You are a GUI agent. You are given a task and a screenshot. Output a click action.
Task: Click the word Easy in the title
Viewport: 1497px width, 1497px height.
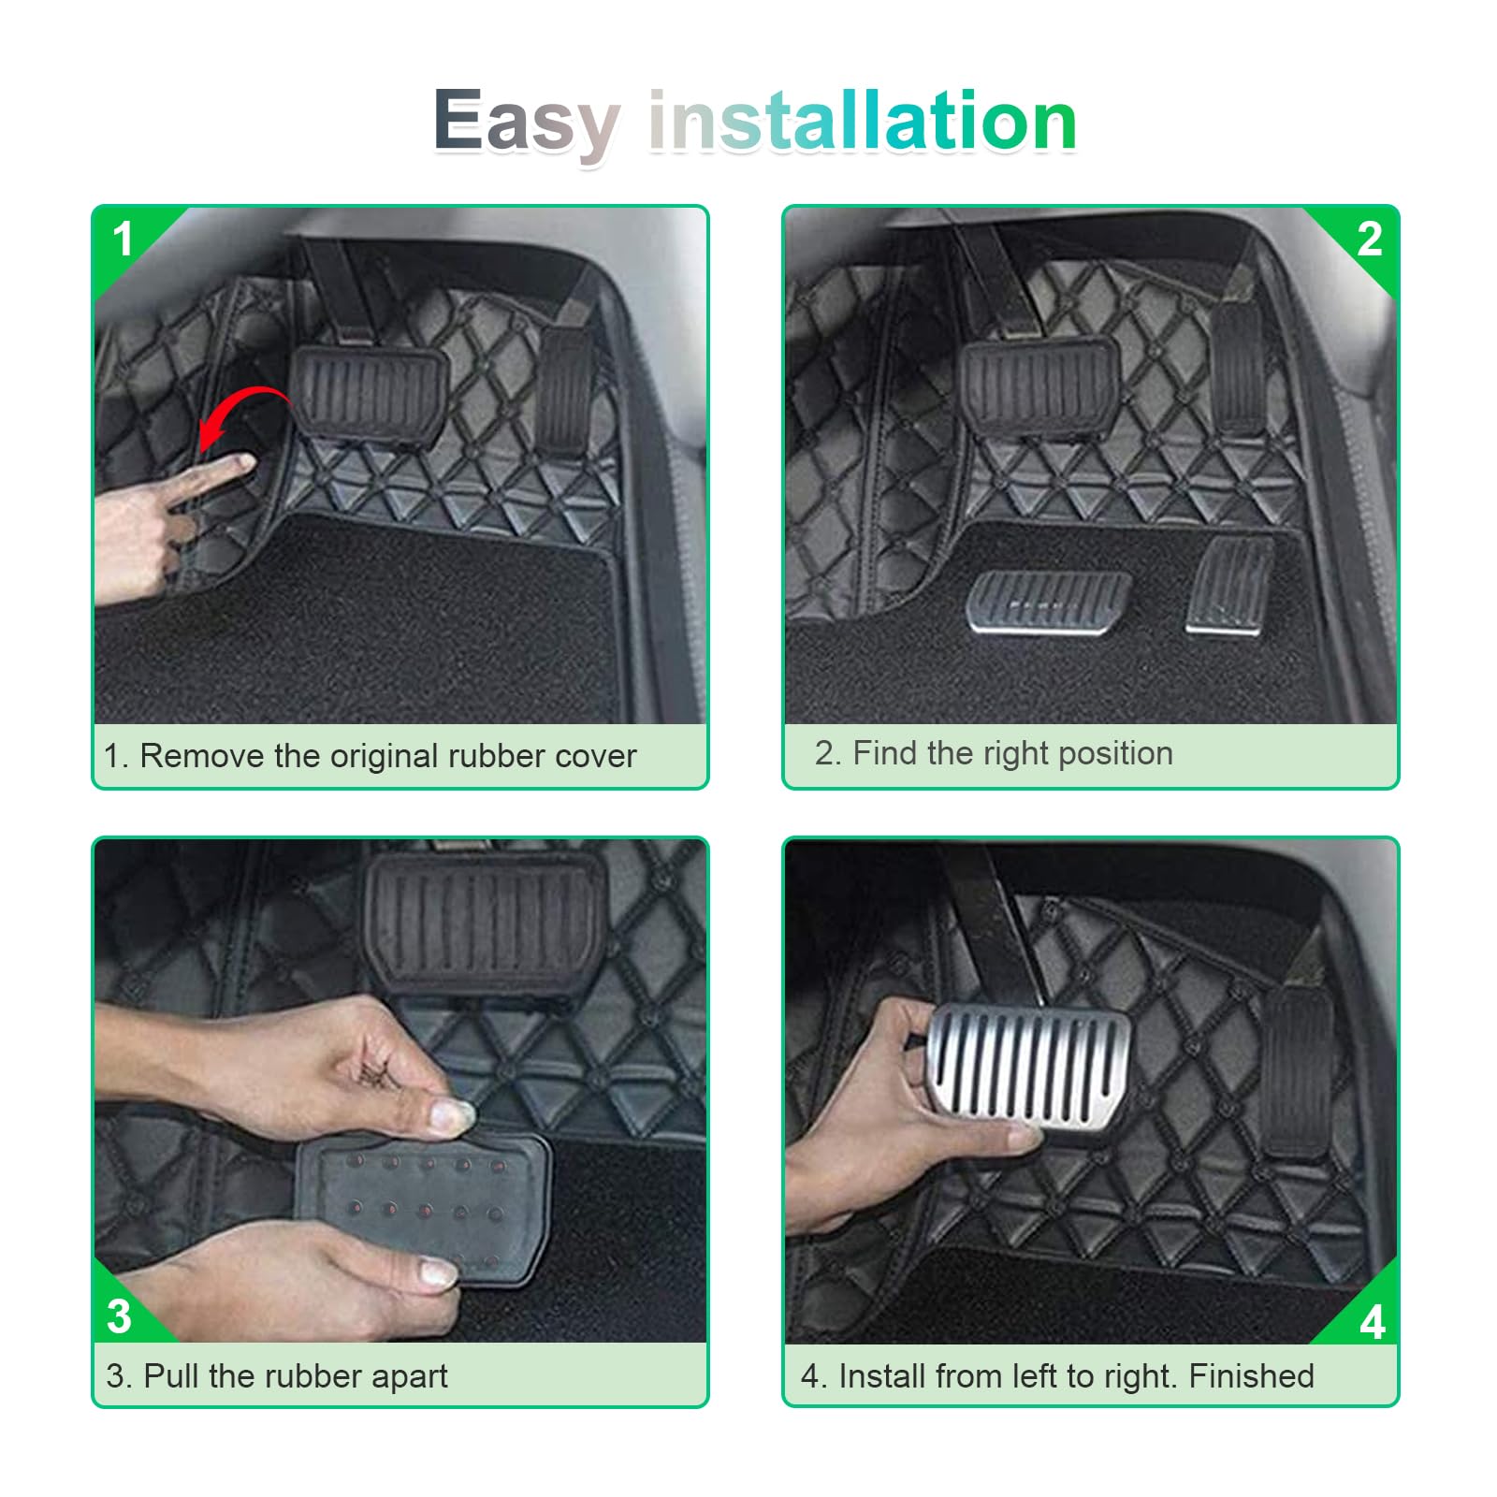point(527,122)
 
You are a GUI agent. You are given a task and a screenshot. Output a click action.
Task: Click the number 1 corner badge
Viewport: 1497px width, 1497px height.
point(123,240)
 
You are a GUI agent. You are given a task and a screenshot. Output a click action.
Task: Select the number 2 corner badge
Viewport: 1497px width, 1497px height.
point(1370,240)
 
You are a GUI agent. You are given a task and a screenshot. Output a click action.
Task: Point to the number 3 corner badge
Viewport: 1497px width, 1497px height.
point(120,1315)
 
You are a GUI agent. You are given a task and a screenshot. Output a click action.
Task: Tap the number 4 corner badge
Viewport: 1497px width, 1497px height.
point(1373,1321)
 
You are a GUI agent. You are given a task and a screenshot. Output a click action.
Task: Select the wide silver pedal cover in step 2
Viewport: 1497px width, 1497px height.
point(1048,603)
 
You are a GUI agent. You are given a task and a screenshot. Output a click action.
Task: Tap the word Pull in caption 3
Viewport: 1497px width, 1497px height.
point(171,1375)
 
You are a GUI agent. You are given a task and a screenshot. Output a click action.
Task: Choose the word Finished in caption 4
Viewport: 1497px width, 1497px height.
point(1251,1375)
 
